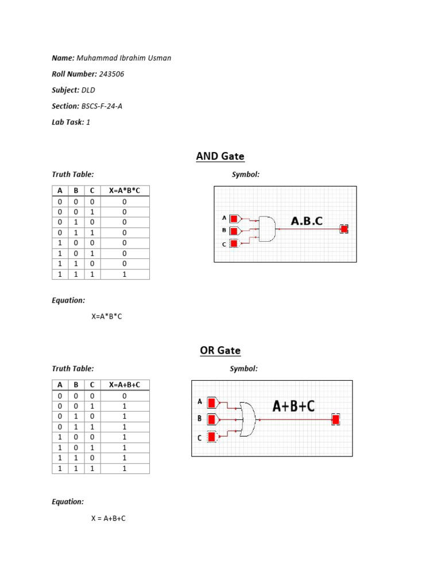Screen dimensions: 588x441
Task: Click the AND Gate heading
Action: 220,156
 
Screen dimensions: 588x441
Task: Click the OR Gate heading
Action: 220,350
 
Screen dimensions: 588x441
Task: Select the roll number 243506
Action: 111,74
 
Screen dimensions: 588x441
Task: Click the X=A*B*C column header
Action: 125,191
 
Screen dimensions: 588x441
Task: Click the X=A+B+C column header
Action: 125,385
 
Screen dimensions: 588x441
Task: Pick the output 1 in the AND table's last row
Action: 125,274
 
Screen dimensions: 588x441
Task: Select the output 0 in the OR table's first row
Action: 125,396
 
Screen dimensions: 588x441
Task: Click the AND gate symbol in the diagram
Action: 267,229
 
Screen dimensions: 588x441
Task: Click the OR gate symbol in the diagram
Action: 248,419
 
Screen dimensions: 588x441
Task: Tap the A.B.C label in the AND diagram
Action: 307,221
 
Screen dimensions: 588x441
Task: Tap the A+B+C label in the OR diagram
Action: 293,406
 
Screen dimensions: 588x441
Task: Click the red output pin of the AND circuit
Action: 344,229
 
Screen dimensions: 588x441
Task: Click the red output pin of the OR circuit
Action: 335,420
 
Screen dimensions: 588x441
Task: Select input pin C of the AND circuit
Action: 234,243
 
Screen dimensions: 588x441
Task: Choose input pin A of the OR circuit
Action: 212,402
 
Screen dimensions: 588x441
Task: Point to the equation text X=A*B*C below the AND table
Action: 107,316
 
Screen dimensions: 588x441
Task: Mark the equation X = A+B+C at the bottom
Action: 108,519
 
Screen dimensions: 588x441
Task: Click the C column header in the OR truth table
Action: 90,385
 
